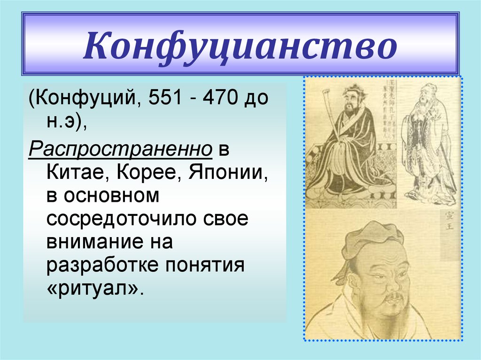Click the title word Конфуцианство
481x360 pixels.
240,46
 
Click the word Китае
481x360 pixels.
76,175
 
